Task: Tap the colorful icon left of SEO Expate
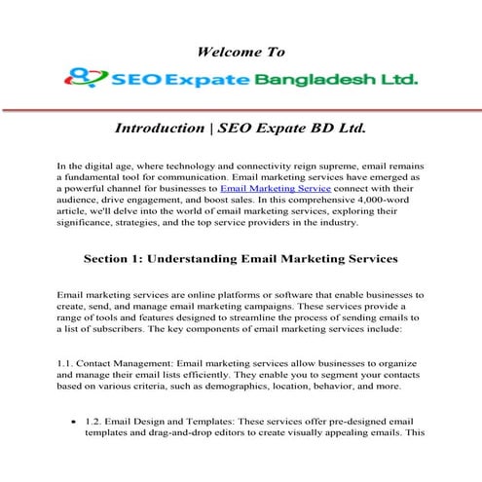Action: [83, 76]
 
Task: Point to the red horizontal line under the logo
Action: [241, 109]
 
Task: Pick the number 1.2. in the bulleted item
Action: [93, 419]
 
